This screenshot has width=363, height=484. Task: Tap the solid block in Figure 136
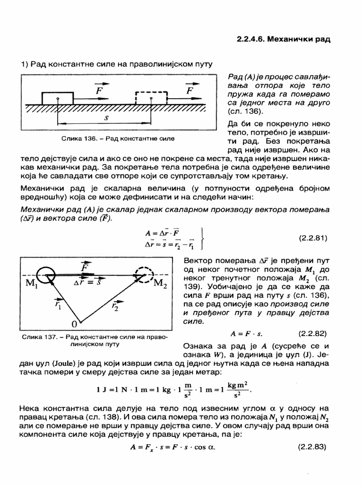[58, 98]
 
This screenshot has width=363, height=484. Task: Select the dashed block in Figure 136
[150, 98]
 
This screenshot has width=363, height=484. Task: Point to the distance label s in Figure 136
[106, 118]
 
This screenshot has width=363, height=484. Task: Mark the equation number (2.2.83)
[313, 446]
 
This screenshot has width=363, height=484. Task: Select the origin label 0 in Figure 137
[74, 324]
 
